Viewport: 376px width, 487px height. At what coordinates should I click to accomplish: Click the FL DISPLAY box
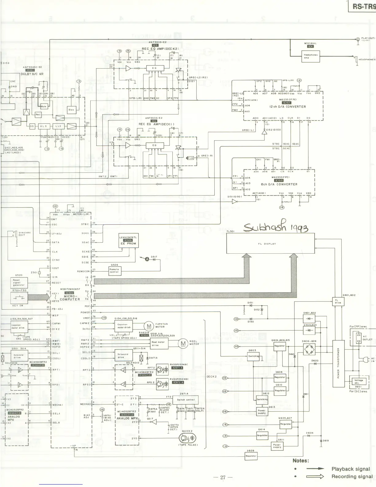(x=271, y=244)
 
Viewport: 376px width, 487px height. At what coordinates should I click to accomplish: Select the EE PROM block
(x=128, y=241)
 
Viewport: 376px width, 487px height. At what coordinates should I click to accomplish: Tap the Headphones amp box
(x=311, y=56)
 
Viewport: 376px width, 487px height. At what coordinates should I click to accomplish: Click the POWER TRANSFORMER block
(x=338, y=363)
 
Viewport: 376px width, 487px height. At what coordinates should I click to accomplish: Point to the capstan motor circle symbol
(x=149, y=326)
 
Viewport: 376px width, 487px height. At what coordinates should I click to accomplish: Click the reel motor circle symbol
(x=183, y=343)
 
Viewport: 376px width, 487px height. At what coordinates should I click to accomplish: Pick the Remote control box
(x=114, y=271)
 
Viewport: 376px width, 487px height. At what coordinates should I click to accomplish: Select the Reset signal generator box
(x=19, y=282)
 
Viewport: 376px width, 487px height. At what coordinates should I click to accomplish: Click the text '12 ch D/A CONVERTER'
(x=288, y=107)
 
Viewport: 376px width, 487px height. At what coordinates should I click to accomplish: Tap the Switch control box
(x=185, y=400)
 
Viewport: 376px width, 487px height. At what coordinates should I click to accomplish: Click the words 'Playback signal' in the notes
(x=351, y=469)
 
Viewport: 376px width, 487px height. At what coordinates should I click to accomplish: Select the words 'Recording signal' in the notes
(x=352, y=477)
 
